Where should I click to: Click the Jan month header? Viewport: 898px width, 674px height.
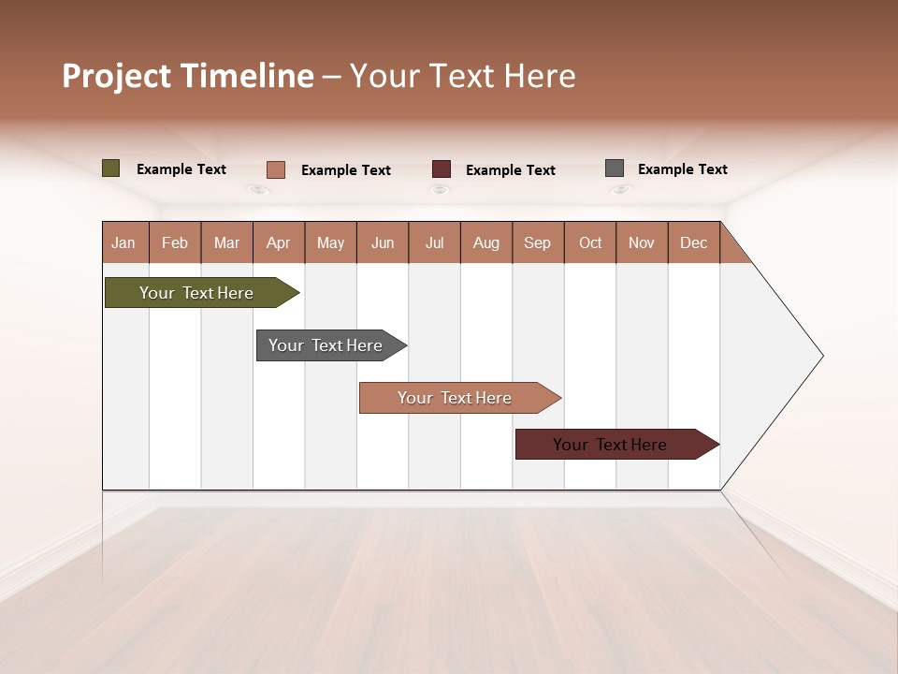[123, 243]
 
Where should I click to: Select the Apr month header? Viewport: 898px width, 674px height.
[278, 243]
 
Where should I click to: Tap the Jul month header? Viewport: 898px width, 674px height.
[434, 243]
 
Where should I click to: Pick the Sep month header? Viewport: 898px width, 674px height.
[537, 243]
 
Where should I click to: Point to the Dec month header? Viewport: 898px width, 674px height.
[693, 243]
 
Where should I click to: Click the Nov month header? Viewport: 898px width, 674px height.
[641, 243]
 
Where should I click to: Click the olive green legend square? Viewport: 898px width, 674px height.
[111, 168]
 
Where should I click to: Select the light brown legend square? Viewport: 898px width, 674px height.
[276, 169]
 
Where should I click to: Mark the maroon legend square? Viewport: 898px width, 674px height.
[442, 169]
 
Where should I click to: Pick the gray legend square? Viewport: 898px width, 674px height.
[615, 168]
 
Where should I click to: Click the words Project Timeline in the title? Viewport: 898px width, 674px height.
[187, 76]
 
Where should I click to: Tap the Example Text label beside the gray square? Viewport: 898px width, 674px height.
[682, 169]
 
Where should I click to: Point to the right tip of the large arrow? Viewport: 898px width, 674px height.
[821, 356]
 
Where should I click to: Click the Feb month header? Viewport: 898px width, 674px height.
[175, 243]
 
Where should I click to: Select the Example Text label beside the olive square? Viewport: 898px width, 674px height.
[181, 169]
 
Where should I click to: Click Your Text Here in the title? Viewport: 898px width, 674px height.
[462, 76]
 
